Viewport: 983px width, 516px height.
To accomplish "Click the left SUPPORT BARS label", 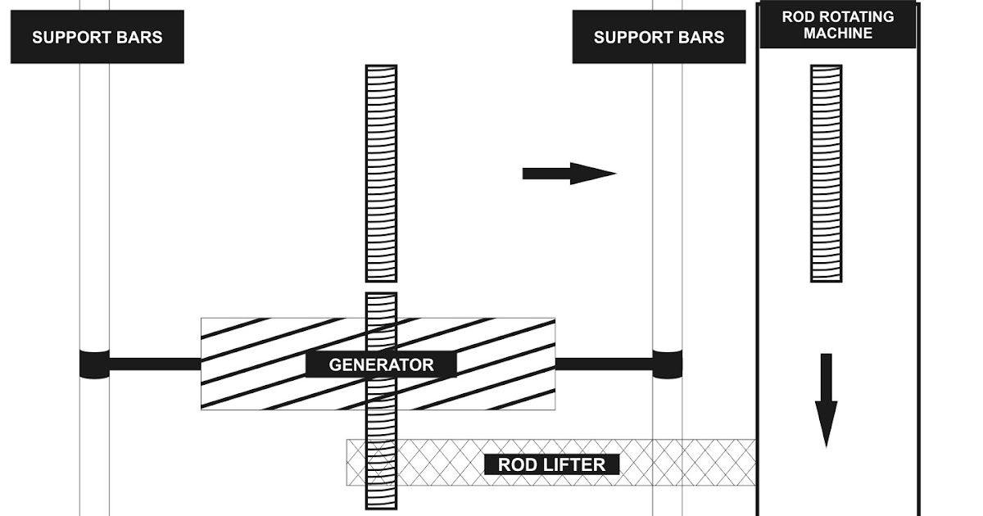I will (x=97, y=37).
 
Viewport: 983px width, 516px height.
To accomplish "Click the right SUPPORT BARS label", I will (x=659, y=37).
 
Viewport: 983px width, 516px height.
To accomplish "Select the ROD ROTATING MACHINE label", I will (x=837, y=25).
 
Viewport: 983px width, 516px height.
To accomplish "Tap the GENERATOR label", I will (x=381, y=364).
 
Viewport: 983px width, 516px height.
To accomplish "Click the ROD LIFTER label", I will (x=551, y=465).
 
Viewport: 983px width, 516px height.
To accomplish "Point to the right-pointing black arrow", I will (x=569, y=173).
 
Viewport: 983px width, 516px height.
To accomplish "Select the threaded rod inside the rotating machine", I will (x=826, y=173).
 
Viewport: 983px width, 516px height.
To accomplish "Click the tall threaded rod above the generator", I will (x=381, y=173).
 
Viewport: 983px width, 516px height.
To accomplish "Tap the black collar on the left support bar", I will (x=94, y=364).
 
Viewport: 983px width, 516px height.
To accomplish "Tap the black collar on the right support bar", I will (x=668, y=364).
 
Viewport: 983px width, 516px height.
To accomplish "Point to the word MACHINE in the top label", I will (x=837, y=34).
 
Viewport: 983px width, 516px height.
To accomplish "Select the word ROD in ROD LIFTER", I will (x=516, y=465).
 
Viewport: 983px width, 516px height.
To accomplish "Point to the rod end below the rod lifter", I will (x=381, y=498).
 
